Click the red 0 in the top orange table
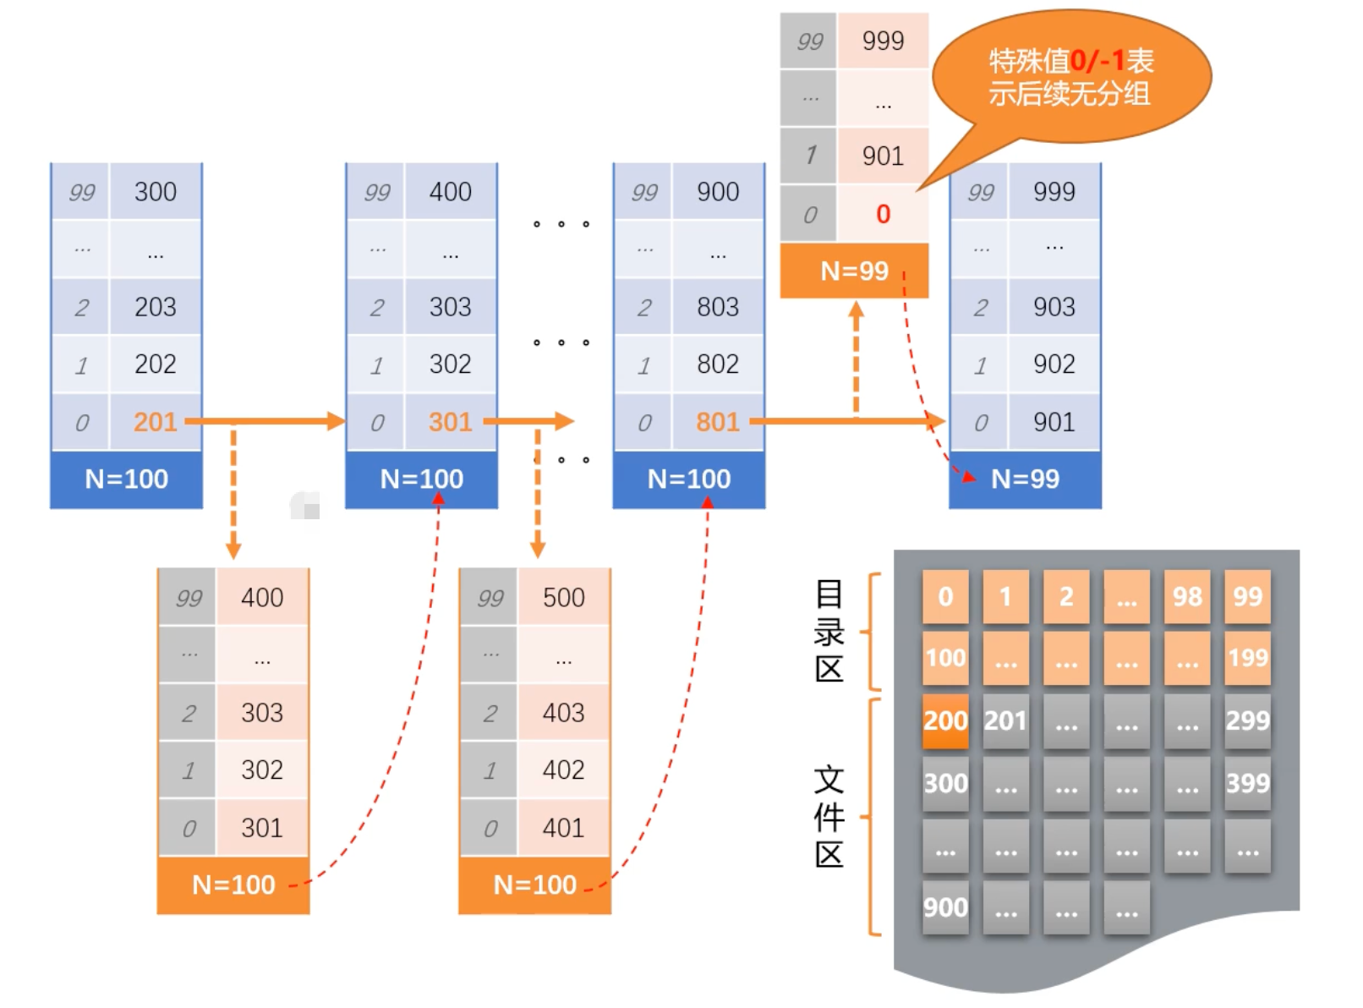pos(883,214)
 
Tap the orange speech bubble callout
pos(1071,76)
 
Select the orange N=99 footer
pos(854,271)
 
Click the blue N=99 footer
pos(1025,479)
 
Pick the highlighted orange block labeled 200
pos(945,720)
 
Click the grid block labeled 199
pos(1247,658)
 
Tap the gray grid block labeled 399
pos(1247,783)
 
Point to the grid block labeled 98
pos(1187,597)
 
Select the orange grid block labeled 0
pos(945,597)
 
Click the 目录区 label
pos(829,631)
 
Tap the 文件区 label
pos(829,817)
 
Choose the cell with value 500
pos(563,598)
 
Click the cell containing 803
pos(718,307)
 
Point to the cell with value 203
pos(156,307)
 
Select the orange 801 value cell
pos(718,422)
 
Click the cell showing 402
pos(563,770)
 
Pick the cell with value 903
pos(1054,307)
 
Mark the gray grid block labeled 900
pos(945,907)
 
